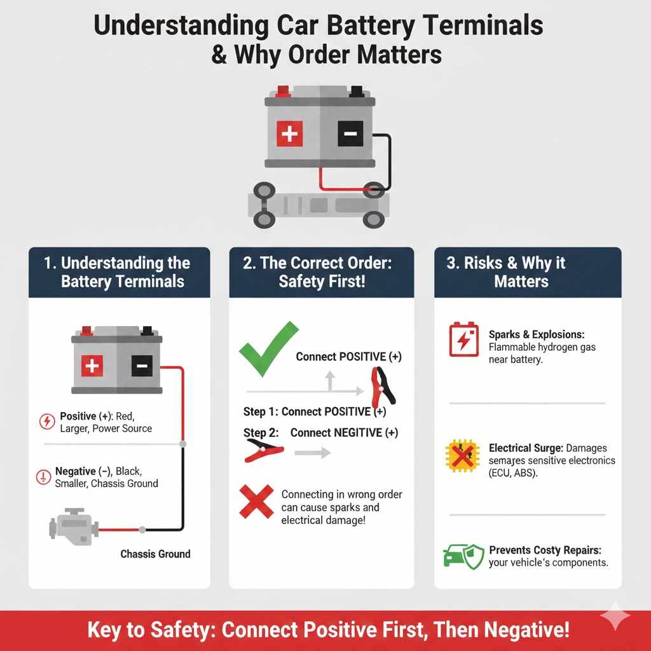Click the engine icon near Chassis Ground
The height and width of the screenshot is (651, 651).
tap(72, 526)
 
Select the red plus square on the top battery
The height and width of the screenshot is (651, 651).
tap(290, 134)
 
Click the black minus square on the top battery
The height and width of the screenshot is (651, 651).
tap(350, 134)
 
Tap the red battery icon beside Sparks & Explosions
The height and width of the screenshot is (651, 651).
tap(463, 339)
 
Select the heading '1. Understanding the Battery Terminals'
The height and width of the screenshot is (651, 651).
tap(119, 272)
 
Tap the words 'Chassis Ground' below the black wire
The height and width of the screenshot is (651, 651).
tap(155, 554)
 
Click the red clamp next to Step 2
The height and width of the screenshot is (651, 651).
tap(263, 450)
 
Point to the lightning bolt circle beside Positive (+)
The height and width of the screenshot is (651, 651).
tap(47, 421)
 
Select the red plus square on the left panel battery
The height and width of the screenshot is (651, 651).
tap(92, 365)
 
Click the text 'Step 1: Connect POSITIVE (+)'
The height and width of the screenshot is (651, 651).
tap(314, 412)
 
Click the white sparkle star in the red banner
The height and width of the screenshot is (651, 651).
tap(615, 616)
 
